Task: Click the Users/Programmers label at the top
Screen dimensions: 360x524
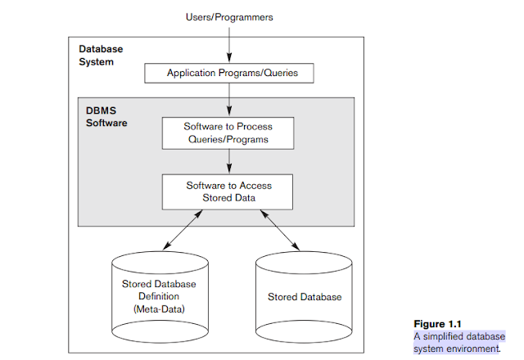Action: coord(229,16)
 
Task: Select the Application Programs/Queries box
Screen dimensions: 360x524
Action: coord(229,73)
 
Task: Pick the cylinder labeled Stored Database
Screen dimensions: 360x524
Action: coord(305,295)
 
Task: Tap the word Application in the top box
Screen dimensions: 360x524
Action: coord(191,73)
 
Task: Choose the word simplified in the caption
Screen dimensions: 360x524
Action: coord(463,336)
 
